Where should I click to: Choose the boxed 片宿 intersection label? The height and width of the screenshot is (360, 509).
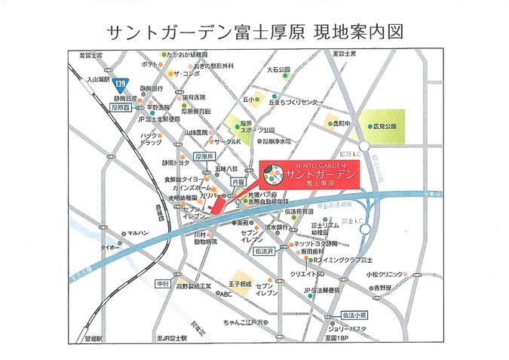click(238, 182)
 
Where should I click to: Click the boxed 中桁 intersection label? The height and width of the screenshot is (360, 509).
click(162, 283)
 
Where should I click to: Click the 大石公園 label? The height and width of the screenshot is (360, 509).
click(278, 69)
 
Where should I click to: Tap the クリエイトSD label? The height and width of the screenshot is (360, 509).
click(309, 273)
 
